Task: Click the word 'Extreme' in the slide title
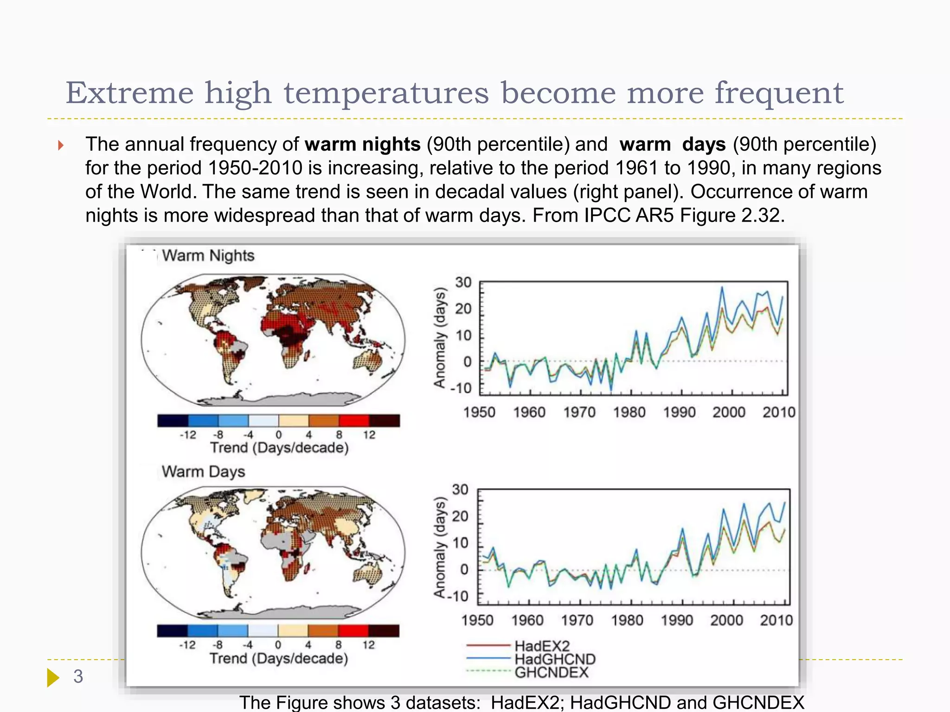tap(129, 93)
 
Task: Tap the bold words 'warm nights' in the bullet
tap(362, 144)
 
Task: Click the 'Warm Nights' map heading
tap(208, 255)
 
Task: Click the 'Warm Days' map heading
tap(203, 471)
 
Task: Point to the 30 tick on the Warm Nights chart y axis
tap(463, 282)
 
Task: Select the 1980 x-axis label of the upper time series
tap(629, 412)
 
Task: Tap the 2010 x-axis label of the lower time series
tap(776, 620)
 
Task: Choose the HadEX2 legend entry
tap(541, 646)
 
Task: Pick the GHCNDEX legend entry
tap(551, 672)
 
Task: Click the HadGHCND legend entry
tap(555, 659)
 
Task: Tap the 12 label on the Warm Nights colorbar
tap(369, 435)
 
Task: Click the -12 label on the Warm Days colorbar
tap(187, 645)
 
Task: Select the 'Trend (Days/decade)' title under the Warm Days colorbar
tap(278, 658)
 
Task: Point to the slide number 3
tap(78, 676)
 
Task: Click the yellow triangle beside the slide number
tap(53, 677)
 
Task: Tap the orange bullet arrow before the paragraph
tap(61, 146)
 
